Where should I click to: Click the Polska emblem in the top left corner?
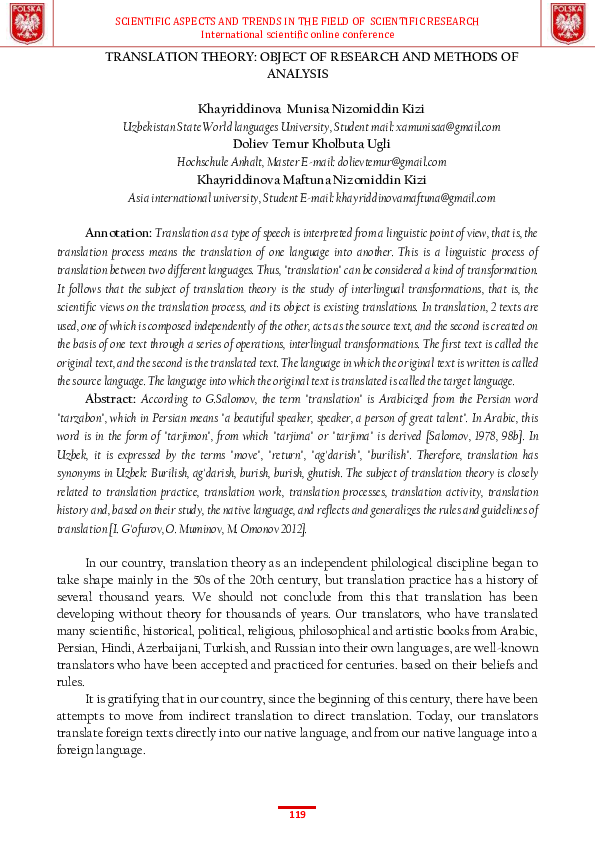pos(27,23)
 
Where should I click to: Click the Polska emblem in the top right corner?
pos(567,23)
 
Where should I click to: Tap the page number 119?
pos(297,815)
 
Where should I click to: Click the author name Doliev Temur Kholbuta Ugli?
pos(297,144)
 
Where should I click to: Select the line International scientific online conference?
pos(297,34)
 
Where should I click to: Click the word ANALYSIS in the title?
pos(297,74)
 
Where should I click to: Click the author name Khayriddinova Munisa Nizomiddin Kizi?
pos(297,108)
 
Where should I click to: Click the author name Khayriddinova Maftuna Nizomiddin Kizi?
pos(297,180)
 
